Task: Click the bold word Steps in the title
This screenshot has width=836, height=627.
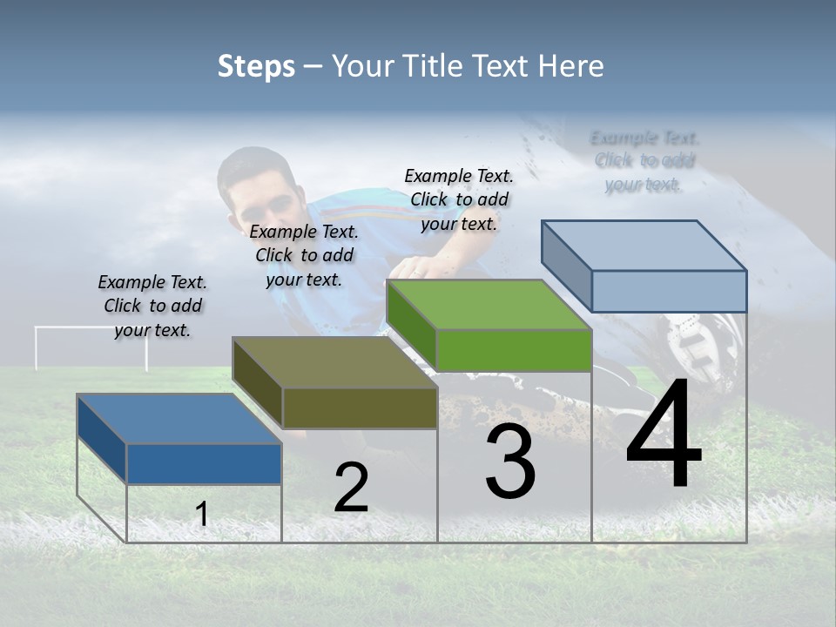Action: point(256,66)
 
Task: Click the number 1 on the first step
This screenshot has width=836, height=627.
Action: point(201,515)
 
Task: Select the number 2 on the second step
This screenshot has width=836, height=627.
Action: point(351,488)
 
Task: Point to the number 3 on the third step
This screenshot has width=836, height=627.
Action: point(509,463)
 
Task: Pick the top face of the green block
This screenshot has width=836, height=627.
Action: point(489,305)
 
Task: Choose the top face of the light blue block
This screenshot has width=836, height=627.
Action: point(644,245)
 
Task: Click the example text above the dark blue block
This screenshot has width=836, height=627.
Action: point(152,306)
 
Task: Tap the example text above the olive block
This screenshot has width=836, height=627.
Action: point(304,255)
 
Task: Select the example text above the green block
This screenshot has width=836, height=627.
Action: point(459,199)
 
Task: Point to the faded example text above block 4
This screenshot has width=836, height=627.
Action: point(644,161)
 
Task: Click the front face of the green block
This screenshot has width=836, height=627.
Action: point(514,351)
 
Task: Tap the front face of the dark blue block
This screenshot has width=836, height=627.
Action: point(204,463)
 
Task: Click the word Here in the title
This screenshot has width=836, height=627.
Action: point(572,66)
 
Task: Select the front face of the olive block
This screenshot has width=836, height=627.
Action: point(360,408)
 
